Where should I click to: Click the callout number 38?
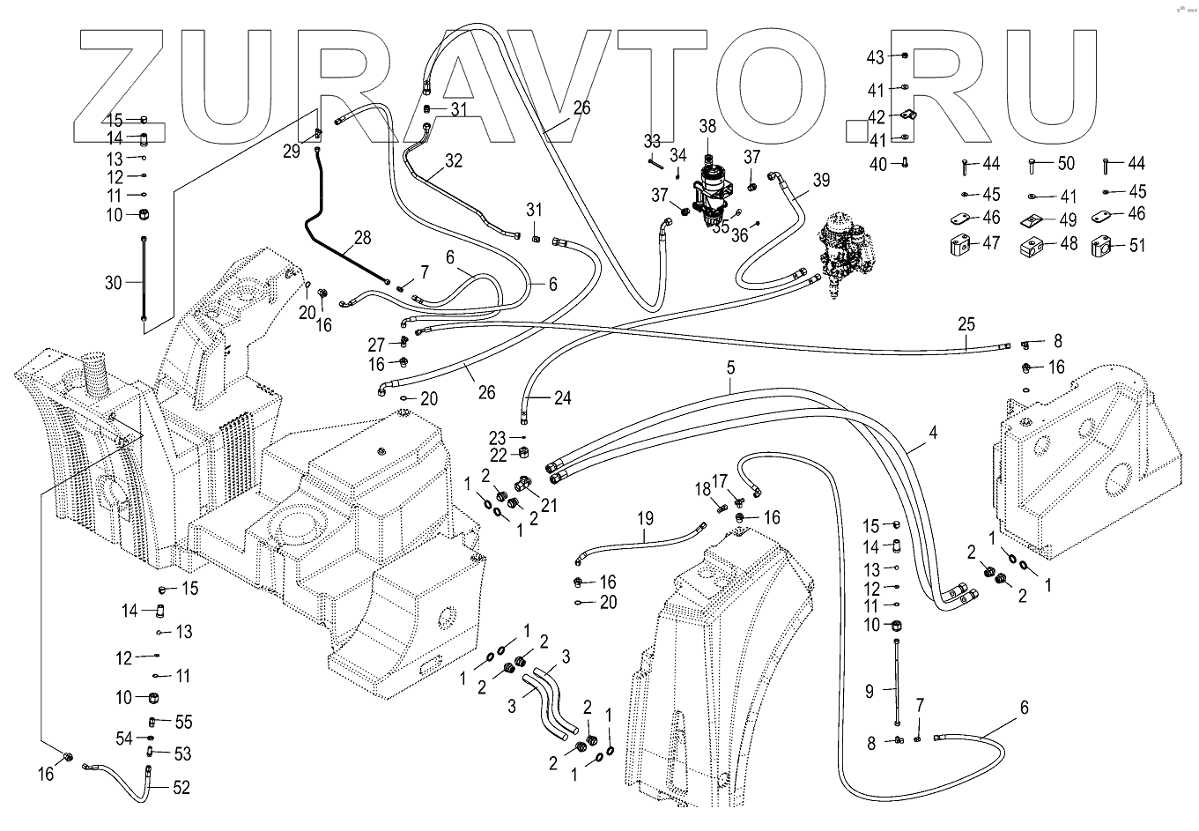point(707,126)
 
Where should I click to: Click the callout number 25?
point(966,324)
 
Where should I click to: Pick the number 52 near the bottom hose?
point(181,787)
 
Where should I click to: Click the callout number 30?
point(114,282)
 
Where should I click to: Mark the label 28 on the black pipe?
point(363,237)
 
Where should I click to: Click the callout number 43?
point(875,57)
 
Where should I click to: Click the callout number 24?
point(562,398)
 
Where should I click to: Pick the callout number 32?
point(454,160)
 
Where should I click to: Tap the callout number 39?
point(821,180)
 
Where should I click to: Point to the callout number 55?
point(182,722)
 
